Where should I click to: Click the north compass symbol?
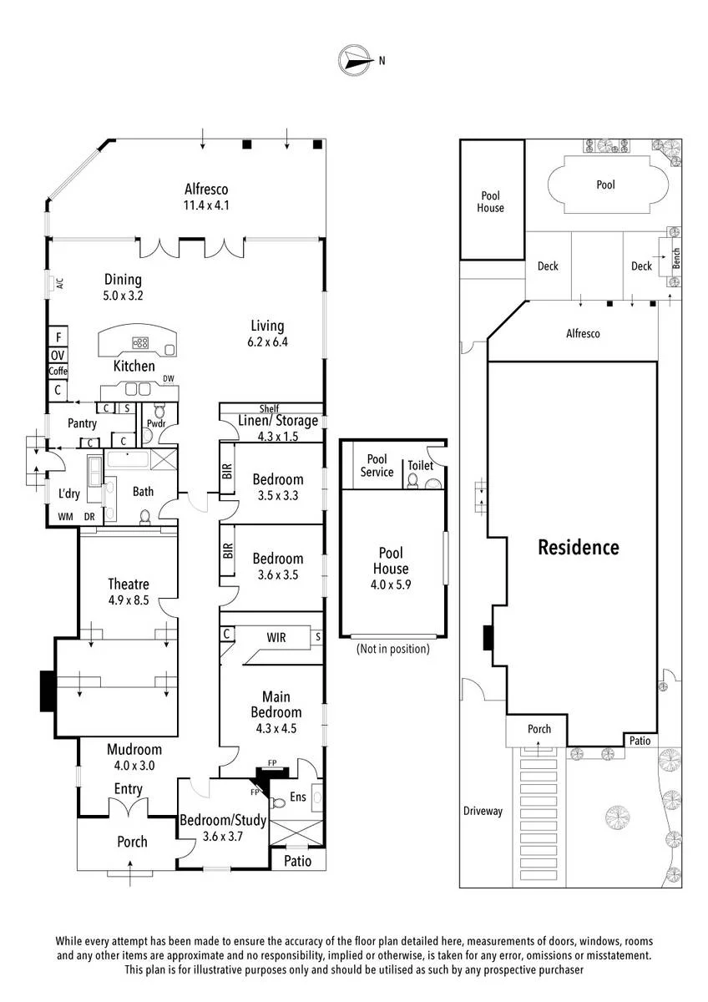click(x=355, y=59)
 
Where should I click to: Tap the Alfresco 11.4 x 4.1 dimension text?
click(x=206, y=205)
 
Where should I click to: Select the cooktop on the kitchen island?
click(x=140, y=343)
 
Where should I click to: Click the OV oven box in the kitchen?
click(x=58, y=356)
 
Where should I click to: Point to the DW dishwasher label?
click(x=168, y=379)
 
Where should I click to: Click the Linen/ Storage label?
click(x=278, y=421)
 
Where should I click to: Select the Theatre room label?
click(x=129, y=584)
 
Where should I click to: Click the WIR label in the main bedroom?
click(x=276, y=637)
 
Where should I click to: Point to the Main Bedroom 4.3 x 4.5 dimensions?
click(x=276, y=728)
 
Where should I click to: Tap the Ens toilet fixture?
click(x=278, y=803)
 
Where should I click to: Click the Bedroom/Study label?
click(x=223, y=820)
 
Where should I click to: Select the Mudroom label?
click(x=134, y=749)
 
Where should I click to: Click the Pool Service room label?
click(x=377, y=466)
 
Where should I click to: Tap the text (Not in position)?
click(x=392, y=649)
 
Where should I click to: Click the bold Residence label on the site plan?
click(x=579, y=547)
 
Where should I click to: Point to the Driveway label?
click(x=483, y=811)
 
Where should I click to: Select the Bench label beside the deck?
click(x=675, y=259)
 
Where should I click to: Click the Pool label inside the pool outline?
click(x=605, y=185)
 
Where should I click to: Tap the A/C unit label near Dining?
click(x=60, y=283)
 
